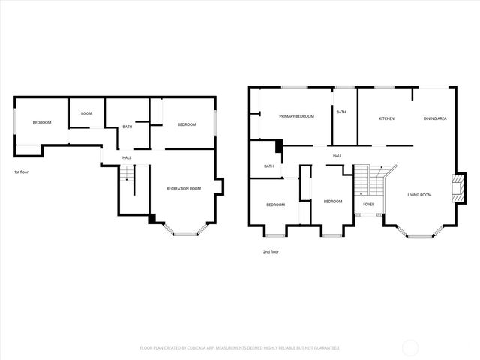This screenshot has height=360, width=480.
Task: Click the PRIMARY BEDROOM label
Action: coord(296,116)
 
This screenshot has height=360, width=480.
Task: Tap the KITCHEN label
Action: coord(386,118)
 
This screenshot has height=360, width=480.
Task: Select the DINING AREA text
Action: coord(435,118)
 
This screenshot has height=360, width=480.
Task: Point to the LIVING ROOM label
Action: coord(419,195)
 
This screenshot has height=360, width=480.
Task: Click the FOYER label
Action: coord(368,203)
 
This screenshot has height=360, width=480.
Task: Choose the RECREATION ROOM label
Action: coord(184,188)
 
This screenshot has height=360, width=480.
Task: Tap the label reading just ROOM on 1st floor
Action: coord(86,113)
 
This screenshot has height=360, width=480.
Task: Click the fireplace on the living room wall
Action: coord(454,188)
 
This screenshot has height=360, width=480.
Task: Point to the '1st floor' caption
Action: coord(22,172)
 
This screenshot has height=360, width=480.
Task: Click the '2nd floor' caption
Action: coord(271,252)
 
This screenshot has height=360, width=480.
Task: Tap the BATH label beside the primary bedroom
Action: coord(341,112)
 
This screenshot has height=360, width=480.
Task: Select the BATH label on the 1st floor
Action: coord(127,127)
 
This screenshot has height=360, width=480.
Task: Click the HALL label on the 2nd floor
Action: coord(337,156)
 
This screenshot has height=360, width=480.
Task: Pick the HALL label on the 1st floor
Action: coord(127,157)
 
